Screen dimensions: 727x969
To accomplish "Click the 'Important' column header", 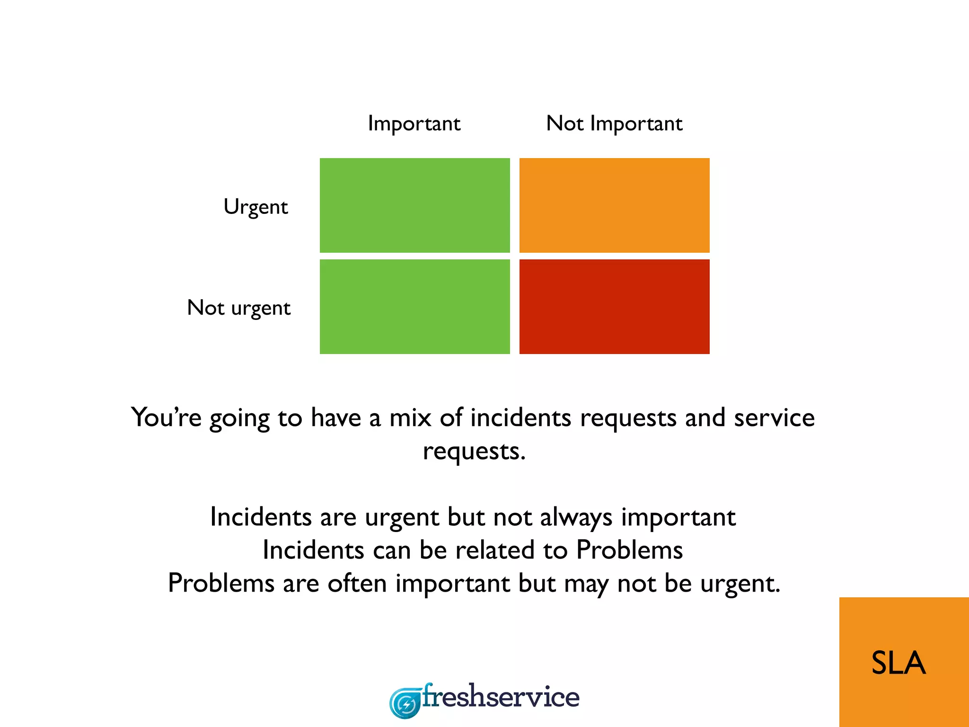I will tap(414, 124).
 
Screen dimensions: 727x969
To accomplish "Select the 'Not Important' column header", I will tap(614, 124).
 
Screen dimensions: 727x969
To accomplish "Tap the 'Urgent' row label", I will tap(255, 207).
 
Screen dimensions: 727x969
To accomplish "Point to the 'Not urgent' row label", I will tap(239, 308).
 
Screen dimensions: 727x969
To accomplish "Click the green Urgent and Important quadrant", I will tap(415, 205).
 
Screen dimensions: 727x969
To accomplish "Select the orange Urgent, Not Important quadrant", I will tap(614, 205).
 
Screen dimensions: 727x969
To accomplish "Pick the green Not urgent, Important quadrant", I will tap(415, 307).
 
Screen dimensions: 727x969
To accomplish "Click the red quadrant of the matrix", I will tap(614, 307).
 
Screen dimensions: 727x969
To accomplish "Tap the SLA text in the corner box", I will tap(898, 663).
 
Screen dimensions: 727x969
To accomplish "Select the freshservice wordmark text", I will tap(501, 697).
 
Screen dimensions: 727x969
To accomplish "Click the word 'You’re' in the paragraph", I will tap(166, 417).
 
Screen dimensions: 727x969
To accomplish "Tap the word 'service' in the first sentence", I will tap(774, 417).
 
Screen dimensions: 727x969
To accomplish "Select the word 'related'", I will tap(495, 550).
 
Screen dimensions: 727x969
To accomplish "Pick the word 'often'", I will tap(357, 583).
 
